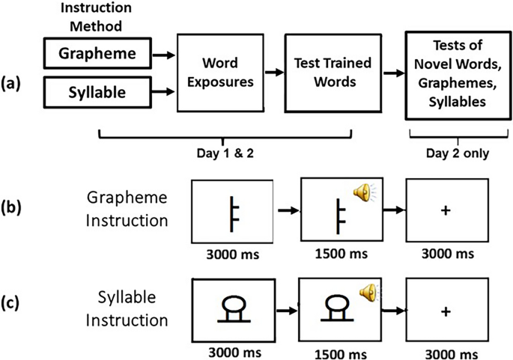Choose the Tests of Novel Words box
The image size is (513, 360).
[x=453, y=73]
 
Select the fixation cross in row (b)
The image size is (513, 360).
[x=446, y=212]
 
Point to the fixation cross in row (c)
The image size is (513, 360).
[x=447, y=309]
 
